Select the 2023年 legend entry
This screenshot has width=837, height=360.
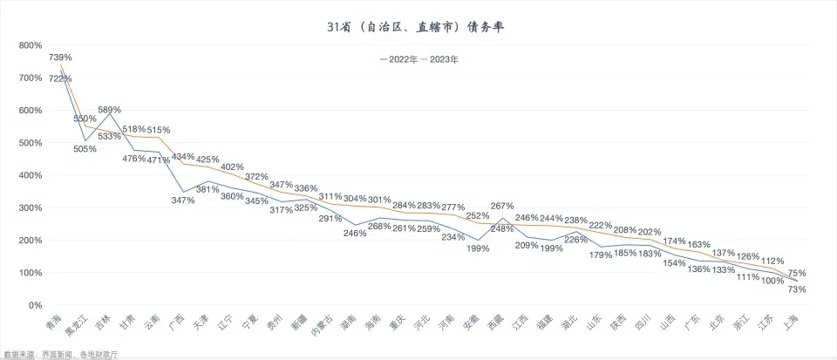[x=440, y=60]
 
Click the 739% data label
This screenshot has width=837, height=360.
[x=60, y=57]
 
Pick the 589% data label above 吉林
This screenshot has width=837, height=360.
[x=109, y=110]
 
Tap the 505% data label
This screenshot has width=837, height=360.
[x=85, y=149]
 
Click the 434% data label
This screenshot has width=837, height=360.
[x=183, y=157]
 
